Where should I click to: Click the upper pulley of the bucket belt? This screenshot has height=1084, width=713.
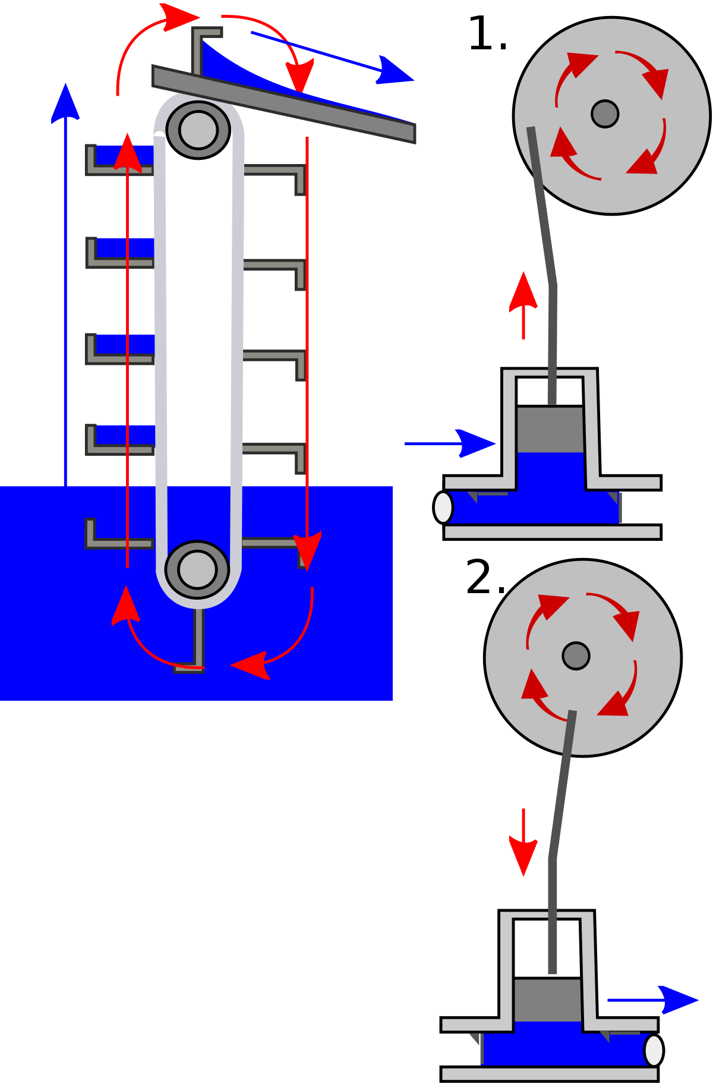(x=198, y=130)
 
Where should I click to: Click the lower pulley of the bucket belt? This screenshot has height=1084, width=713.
(x=197, y=569)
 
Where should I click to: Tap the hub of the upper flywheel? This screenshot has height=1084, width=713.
(x=605, y=114)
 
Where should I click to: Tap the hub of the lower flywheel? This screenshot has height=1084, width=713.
(x=576, y=656)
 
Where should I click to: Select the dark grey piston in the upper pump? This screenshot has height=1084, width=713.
(x=550, y=429)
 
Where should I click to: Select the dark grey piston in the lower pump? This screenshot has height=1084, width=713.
(x=547, y=1000)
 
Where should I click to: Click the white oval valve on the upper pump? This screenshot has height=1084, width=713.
(x=443, y=508)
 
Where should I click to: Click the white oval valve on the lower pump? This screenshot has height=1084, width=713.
(x=654, y=1050)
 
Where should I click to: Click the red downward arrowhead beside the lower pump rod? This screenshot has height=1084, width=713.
(x=523, y=856)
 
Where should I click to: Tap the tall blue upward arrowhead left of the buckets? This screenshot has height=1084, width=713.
(x=65, y=104)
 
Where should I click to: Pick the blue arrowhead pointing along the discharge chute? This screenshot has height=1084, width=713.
(x=395, y=71)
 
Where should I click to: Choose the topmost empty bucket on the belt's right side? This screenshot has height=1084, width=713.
(x=276, y=175)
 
